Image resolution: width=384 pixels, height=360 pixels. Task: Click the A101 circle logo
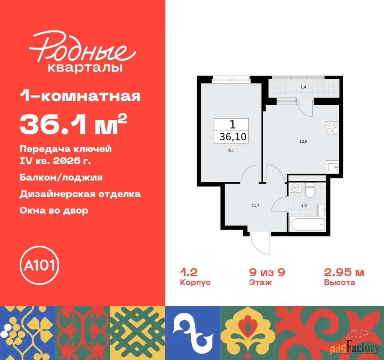(x=40, y=265)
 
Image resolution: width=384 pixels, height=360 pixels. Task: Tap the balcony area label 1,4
(x=303, y=87)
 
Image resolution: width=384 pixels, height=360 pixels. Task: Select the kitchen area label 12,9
(x=304, y=141)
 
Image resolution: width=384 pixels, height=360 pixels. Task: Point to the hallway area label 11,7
(x=256, y=206)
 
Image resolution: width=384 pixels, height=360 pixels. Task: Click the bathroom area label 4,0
(x=304, y=206)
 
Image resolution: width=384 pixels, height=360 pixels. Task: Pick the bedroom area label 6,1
(x=231, y=151)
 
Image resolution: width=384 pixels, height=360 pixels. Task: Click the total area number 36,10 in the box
(x=233, y=137)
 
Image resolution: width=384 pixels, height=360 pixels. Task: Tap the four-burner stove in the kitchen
(x=332, y=128)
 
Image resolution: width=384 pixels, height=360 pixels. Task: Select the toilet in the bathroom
(x=310, y=190)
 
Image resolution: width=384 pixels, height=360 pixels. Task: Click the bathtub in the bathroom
(x=307, y=224)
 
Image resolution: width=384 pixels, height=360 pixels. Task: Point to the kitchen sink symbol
(x=333, y=167)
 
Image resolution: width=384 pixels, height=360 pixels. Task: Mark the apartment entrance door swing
(x=260, y=244)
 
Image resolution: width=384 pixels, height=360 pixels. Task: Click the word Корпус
(x=195, y=282)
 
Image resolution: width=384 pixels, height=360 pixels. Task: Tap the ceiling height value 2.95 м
(x=344, y=272)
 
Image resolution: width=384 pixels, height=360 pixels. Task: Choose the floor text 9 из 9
(x=267, y=272)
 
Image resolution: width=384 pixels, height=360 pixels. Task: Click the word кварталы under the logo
(x=85, y=68)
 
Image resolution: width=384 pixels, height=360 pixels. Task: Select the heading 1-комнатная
(x=80, y=96)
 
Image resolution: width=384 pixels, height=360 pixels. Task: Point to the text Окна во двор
(x=54, y=210)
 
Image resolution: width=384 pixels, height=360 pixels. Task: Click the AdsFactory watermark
(x=354, y=346)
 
